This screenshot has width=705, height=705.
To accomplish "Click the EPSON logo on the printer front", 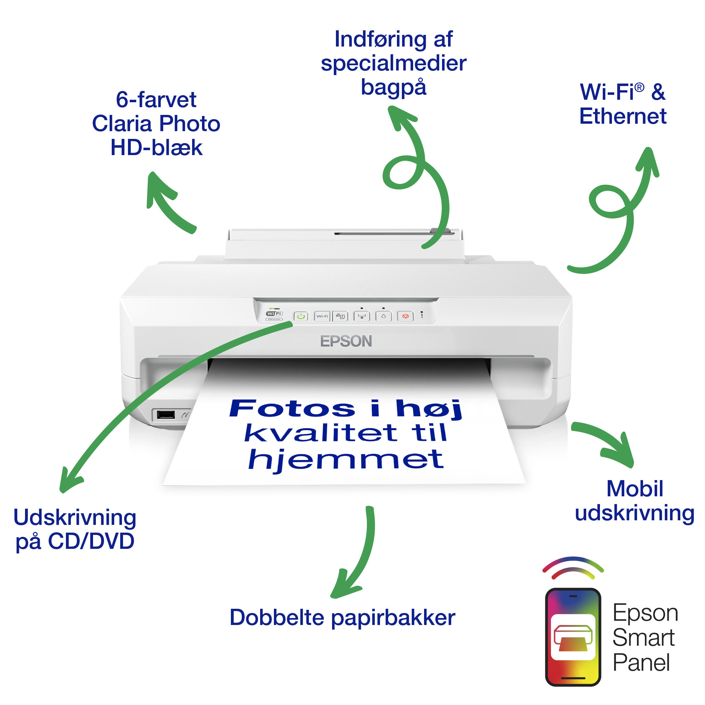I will click(346, 341).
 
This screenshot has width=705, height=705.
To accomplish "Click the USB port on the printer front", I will click(166, 415).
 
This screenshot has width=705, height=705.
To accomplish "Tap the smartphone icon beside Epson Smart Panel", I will click(573, 637).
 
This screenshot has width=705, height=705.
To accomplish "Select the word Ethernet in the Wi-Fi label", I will click(623, 116).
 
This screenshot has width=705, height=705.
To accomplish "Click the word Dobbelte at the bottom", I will click(277, 618).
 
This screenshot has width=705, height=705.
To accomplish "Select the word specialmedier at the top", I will click(393, 63).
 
